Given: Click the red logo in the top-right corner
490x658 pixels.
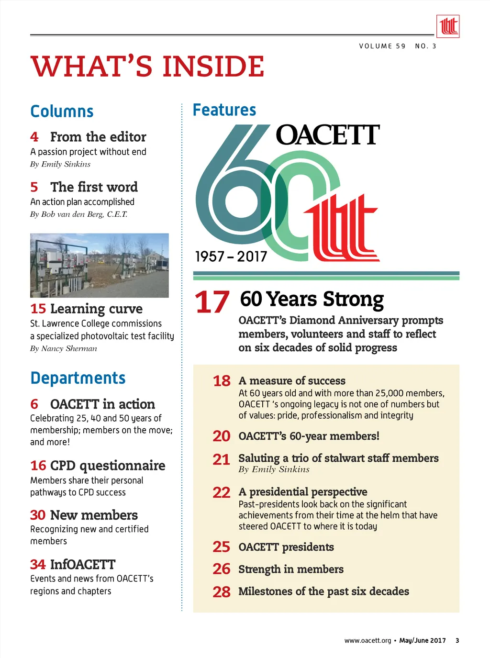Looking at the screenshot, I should click(448, 26).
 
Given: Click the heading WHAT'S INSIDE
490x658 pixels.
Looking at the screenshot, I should click(147, 66).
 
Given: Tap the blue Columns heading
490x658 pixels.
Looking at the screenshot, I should click(62, 112).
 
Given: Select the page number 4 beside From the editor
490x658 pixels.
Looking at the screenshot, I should click(34, 137).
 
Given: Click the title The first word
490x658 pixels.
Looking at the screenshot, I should click(94, 187).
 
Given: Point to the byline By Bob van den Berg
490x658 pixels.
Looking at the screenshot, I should click(79, 214).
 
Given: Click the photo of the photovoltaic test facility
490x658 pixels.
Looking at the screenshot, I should click(100, 265).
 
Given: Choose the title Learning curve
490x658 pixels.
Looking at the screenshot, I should click(96, 309).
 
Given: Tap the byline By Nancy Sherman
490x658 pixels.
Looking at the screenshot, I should click(64, 348).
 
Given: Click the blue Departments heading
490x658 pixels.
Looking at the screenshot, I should click(78, 378).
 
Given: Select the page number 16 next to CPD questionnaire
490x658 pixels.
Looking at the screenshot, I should click(38, 465).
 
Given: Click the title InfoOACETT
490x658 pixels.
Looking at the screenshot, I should click(83, 565).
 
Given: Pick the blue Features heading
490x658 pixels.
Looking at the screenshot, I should click(224, 110).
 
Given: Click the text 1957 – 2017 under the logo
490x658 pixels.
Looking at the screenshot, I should click(231, 257).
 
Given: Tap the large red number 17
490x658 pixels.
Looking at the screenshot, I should click(212, 302).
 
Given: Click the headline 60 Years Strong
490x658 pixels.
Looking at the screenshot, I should click(312, 299).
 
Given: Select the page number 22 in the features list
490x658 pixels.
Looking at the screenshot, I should click(222, 492).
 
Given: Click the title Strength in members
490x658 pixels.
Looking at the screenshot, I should click(291, 569).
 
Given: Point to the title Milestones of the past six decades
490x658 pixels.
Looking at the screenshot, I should click(323, 591).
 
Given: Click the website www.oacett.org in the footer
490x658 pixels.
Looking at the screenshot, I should click(367, 641).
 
